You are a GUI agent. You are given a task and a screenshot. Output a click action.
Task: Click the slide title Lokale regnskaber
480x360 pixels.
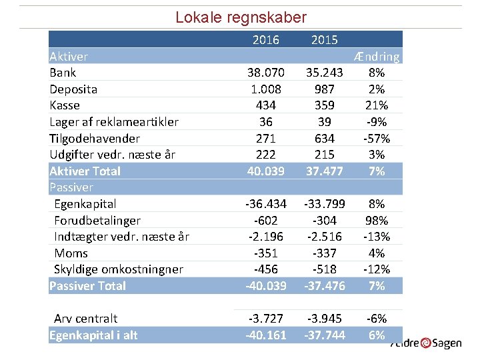tap(241, 17)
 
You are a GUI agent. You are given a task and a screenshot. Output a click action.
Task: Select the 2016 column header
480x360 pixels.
tap(266, 40)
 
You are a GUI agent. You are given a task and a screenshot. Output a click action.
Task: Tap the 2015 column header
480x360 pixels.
tap(325, 40)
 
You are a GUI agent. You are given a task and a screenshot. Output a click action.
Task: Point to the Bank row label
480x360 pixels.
tap(63, 73)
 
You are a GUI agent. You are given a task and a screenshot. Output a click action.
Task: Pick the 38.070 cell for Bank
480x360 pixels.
tap(266, 73)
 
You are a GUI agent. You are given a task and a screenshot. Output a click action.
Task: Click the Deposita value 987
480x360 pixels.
tap(325, 89)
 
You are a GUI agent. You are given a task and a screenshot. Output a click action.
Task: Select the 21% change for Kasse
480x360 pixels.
tap(377, 105)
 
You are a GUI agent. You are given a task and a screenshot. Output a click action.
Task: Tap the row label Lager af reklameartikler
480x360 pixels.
tap(114, 122)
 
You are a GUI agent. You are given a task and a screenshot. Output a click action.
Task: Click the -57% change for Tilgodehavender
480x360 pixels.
tap(377, 139)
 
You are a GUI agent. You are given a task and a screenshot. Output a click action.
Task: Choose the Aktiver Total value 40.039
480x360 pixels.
tap(266, 171)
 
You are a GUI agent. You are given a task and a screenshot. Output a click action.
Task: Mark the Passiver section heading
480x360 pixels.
tap(71, 187)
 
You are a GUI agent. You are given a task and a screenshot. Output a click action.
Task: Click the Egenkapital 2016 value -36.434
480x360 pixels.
tap(266, 204)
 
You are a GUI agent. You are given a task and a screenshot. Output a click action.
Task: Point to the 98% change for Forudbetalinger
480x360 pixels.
tap(377, 220)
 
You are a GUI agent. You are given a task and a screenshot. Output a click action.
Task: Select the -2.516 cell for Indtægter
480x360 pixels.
tap(325, 237)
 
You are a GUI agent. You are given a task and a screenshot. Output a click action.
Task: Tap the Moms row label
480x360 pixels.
tap(71, 253)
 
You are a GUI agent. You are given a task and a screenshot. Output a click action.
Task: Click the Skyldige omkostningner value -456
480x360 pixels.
tap(266, 269)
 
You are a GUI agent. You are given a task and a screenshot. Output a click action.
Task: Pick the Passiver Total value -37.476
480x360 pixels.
tap(325, 286)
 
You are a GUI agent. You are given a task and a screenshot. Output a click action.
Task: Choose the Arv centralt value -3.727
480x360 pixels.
tap(266, 319)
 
